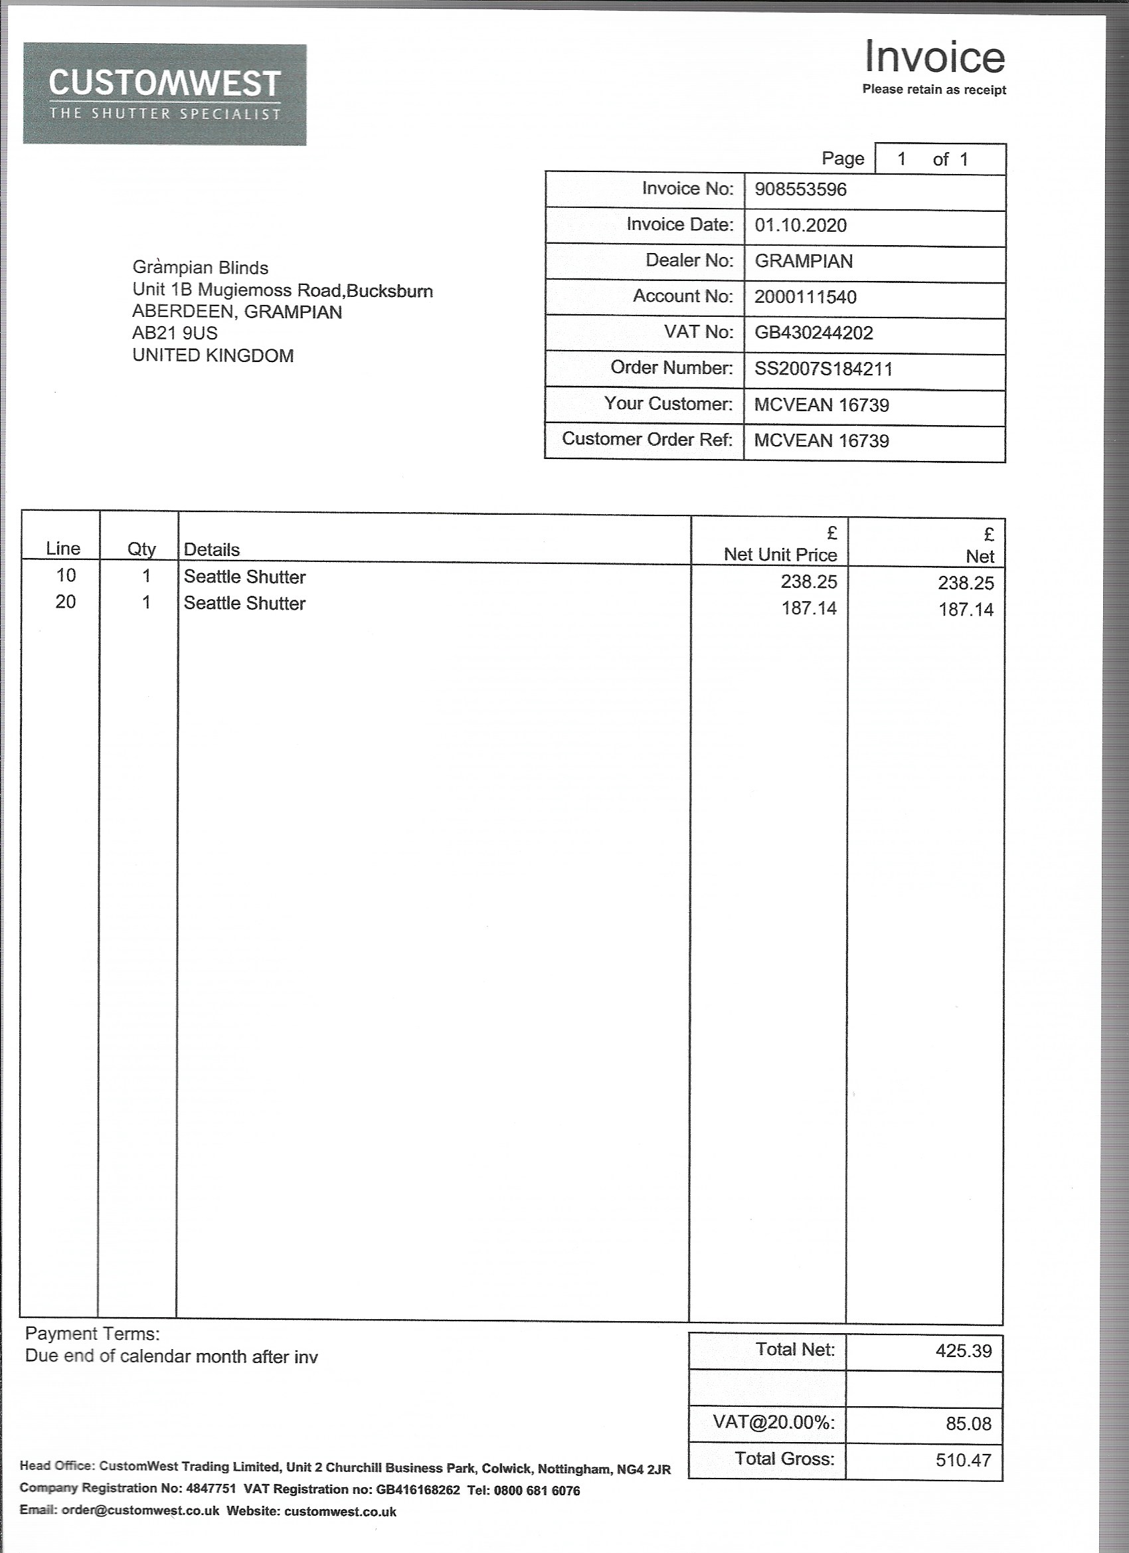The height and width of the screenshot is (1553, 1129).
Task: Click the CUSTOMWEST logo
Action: tap(164, 94)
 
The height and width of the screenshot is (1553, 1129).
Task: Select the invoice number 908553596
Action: tap(800, 190)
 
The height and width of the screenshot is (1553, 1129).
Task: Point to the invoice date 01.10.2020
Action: tap(800, 225)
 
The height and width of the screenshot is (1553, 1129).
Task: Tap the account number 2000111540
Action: tap(805, 297)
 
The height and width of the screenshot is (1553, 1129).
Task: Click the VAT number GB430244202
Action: tap(814, 333)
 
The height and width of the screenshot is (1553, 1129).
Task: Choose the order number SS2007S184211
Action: tap(824, 370)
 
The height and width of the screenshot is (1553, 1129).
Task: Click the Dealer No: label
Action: tap(689, 261)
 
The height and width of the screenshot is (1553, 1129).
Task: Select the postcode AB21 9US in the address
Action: tap(175, 333)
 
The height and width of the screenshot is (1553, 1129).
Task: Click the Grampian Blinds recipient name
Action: tap(200, 268)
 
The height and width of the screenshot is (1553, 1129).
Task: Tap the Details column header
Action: tap(212, 550)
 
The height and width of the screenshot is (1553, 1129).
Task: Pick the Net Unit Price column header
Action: tap(780, 555)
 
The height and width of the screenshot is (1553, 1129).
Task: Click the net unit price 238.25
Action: tap(809, 582)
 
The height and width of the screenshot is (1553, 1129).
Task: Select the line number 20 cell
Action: tap(66, 602)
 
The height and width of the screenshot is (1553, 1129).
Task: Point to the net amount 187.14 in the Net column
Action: tap(966, 609)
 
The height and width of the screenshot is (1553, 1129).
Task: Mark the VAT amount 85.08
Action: tap(968, 1423)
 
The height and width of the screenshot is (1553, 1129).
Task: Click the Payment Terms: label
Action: tap(92, 1334)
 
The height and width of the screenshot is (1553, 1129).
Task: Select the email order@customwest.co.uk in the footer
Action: tap(140, 1511)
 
